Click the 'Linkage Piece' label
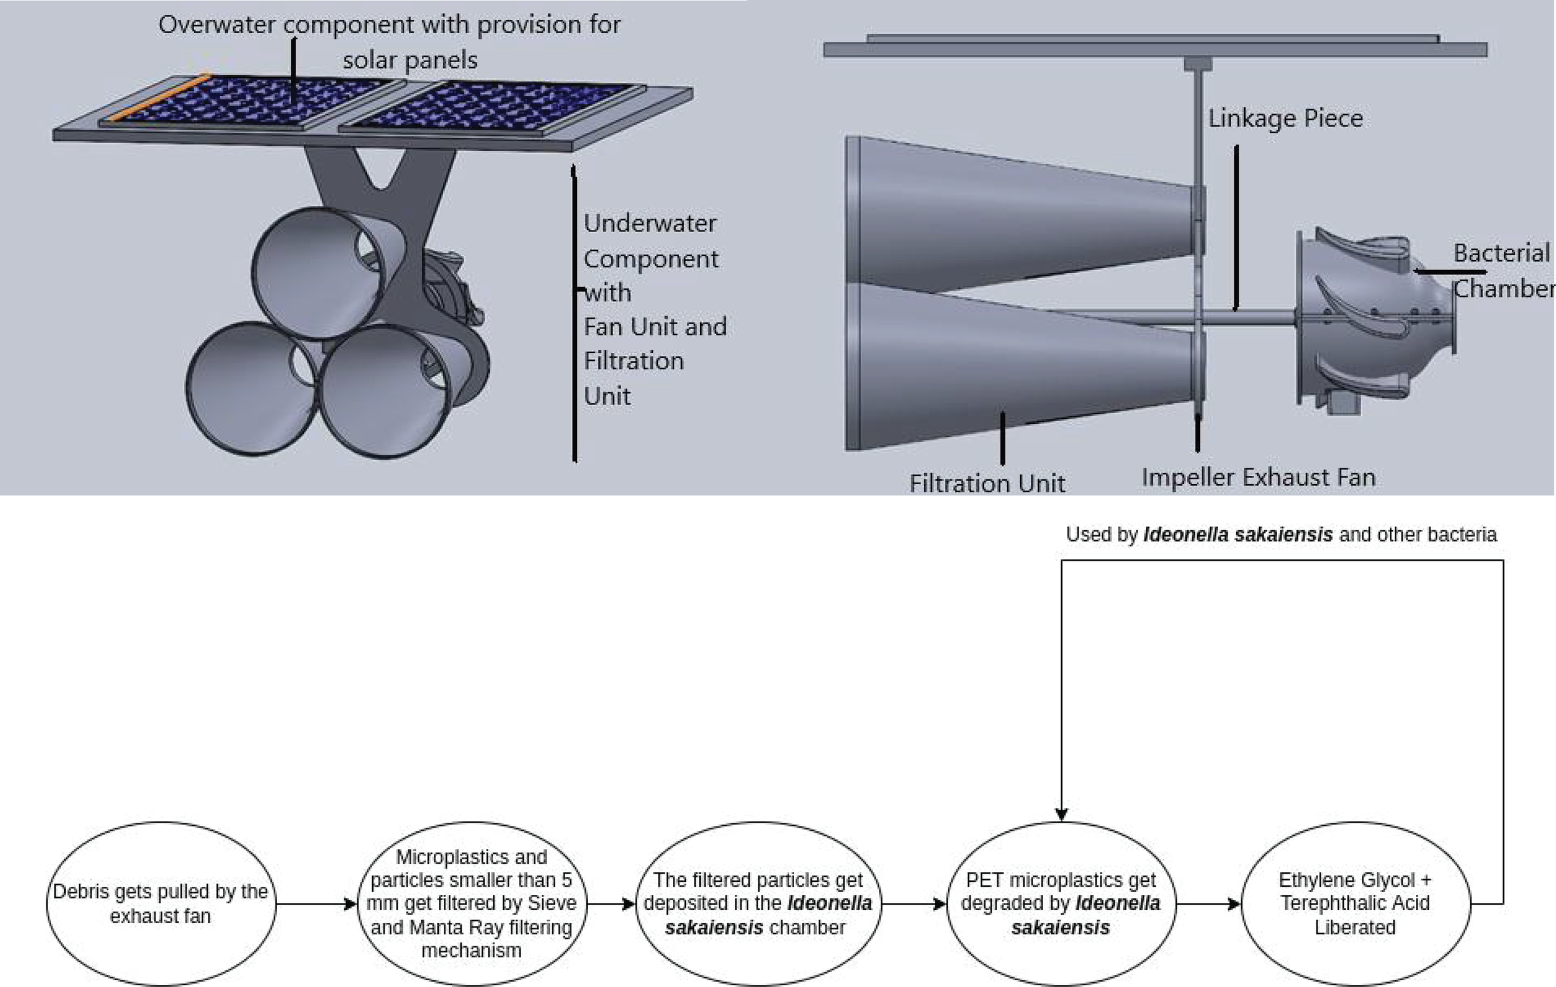pyautogui.click(x=1285, y=118)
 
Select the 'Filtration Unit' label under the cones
pyautogui.click(x=987, y=483)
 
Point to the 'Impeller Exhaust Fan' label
pyautogui.click(x=1258, y=477)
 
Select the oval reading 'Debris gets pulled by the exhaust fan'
pyautogui.click(x=160, y=903)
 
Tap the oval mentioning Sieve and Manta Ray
pyautogui.click(x=471, y=903)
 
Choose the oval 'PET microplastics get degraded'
pyautogui.click(x=1061, y=903)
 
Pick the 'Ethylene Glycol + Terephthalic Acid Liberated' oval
pyautogui.click(x=1355, y=903)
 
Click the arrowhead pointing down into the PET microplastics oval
pyautogui.click(x=1061, y=814)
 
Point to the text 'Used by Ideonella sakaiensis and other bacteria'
pyautogui.click(x=1281, y=535)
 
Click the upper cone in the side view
pyautogui.click(x=1021, y=213)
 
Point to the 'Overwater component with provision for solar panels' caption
pyautogui.click(x=390, y=42)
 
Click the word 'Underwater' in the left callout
pyautogui.click(x=649, y=223)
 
